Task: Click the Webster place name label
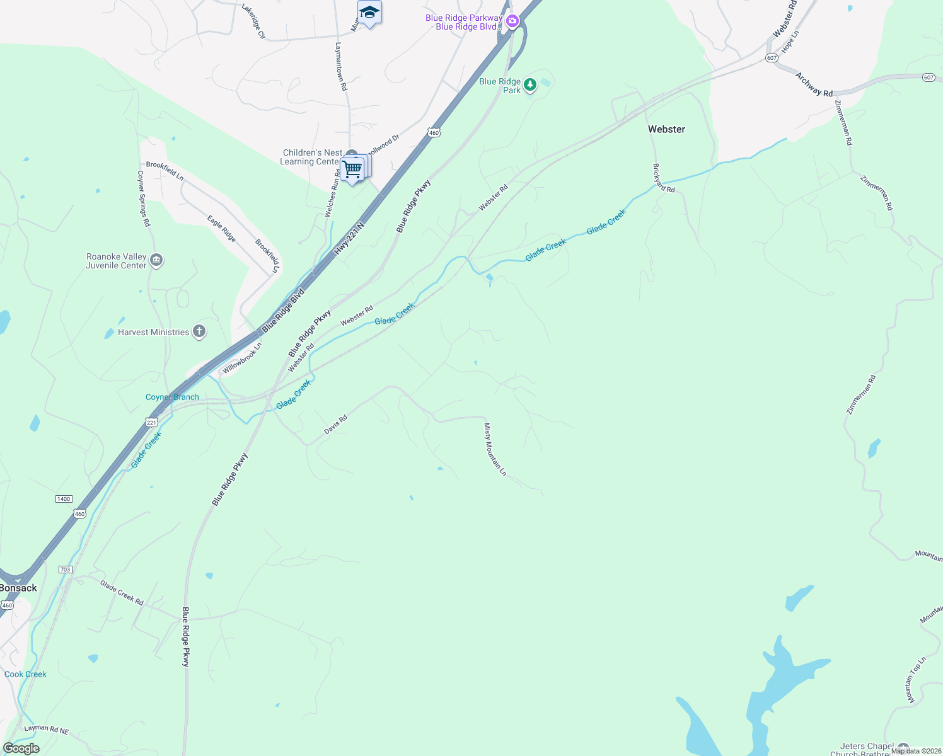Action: pos(666,129)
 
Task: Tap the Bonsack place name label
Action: pos(19,588)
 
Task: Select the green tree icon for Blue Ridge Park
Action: pos(530,85)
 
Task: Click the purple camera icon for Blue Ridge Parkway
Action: pos(512,22)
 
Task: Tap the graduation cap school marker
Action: pos(369,13)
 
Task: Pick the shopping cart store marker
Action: pos(353,169)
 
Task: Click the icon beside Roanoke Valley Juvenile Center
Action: pos(157,260)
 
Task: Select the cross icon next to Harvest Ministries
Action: pos(199,331)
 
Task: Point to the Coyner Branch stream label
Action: pos(172,397)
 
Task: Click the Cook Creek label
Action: pos(25,674)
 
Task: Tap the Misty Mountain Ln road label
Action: pos(495,449)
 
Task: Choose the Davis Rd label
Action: pos(335,425)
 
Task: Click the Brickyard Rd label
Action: pos(664,178)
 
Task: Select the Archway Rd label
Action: pos(814,84)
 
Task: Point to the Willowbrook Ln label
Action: pos(242,358)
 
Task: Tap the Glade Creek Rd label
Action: pos(122,593)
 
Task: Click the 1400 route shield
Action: pos(64,499)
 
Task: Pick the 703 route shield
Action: pos(65,570)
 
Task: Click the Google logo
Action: pos(21,748)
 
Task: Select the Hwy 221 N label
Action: pos(349,238)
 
